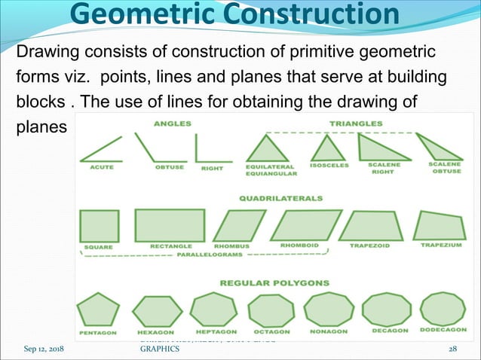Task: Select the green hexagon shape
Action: coord(152,310)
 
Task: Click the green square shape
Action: coord(98,225)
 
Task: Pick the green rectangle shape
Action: coord(169,224)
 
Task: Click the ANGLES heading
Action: coord(172,123)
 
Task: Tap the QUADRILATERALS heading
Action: coord(280,199)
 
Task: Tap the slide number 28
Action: coord(452,349)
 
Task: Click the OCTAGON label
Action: coord(270,330)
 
